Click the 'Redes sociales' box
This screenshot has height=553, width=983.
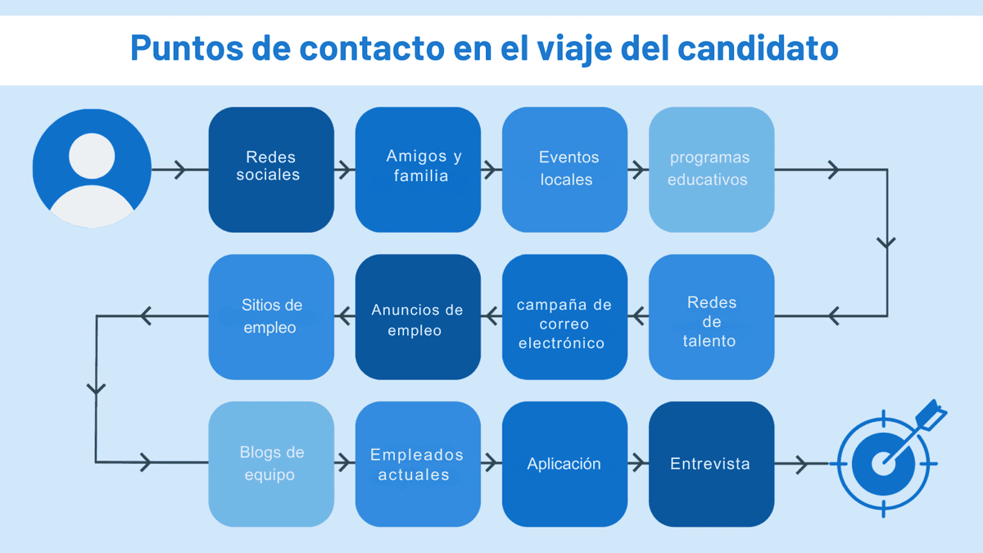271,170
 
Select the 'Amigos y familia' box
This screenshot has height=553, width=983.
418,170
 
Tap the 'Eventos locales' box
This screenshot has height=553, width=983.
564,170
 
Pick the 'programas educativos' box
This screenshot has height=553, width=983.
711,170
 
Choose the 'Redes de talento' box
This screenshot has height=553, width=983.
711,317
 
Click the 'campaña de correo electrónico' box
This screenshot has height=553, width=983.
564,317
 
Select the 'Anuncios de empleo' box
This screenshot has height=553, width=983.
418,317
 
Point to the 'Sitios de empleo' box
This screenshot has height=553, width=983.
271,317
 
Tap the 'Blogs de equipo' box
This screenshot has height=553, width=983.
271,464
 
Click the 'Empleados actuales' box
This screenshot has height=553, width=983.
418,464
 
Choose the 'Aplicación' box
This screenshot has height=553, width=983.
564,464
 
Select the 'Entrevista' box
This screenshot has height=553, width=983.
711,464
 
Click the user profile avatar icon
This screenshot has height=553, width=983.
92,169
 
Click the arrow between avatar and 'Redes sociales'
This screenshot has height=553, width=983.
180,170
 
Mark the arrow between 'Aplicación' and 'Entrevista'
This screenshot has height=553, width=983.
638,464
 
